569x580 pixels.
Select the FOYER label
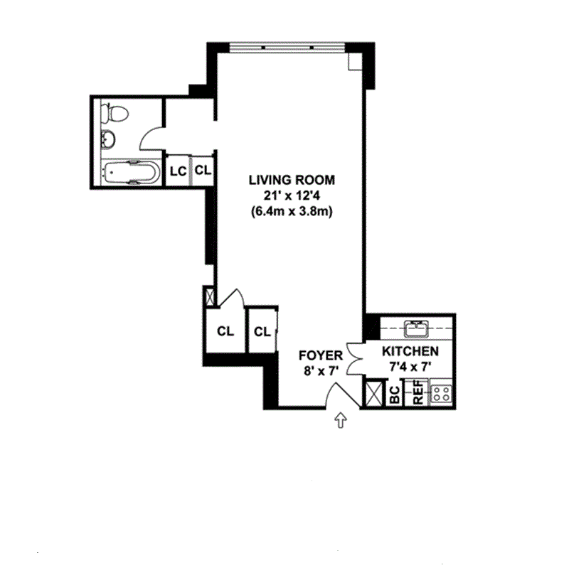321,355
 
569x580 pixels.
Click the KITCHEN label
410,352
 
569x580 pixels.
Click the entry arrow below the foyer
341,421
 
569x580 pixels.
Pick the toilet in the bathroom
114,113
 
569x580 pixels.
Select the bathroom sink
107,139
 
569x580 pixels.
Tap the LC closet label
178,171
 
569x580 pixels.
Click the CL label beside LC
203,171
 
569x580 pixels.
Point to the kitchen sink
414,328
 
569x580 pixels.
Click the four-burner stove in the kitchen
442,393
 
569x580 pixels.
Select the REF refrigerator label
418,394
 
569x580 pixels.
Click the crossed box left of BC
372,393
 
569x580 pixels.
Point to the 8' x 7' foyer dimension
321,370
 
